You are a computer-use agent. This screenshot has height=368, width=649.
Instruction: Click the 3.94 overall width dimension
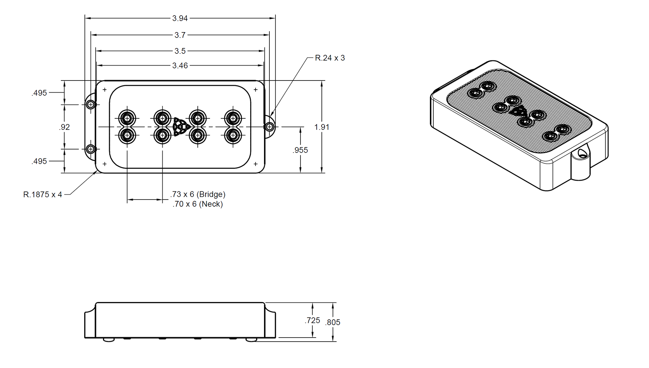[180, 18]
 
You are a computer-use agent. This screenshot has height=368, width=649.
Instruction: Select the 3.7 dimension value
[180, 35]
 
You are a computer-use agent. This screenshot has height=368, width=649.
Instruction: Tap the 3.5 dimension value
[180, 51]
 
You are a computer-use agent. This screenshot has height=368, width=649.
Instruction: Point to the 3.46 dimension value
[180, 66]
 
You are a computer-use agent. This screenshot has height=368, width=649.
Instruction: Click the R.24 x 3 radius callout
[330, 58]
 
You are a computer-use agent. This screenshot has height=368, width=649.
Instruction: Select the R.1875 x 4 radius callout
[43, 194]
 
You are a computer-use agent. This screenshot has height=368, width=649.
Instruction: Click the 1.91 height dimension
[322, 127]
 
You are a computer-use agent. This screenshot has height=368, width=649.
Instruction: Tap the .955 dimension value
[300, 150]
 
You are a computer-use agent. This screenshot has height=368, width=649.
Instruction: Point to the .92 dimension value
[64, 127]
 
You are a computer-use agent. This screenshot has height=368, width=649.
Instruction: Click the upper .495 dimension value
[39, 93]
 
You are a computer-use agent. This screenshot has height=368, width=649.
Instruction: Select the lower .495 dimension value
[39, 161]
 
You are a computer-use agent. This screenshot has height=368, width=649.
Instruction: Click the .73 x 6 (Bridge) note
[198, 194]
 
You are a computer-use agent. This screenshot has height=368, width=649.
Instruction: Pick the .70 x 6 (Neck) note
[198, 204]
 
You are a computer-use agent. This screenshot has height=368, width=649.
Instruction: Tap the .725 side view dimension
[312, 320]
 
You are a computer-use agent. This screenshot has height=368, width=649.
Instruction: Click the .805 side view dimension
[333, 322]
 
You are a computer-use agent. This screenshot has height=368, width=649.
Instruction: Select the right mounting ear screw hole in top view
[269, 127]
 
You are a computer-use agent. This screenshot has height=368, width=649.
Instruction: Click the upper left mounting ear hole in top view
[91, 105]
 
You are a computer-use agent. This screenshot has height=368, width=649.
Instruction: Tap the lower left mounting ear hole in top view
[91, 148]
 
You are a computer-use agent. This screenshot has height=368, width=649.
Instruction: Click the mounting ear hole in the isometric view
[582, 153]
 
